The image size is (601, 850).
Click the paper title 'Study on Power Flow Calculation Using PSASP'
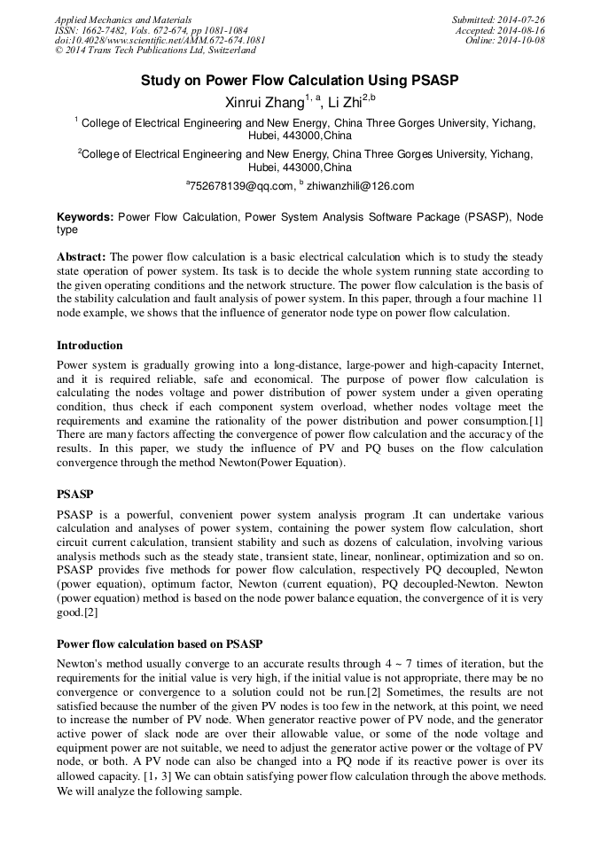click(x=300, y=80)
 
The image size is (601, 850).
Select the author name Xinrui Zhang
click(x=265, y=102)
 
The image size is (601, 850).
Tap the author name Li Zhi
click(x=347, y=102)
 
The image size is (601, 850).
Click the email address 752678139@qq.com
click(x=241, y=186)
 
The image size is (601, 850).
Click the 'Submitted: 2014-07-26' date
click(x=499, y=19)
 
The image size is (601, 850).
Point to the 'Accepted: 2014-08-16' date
click(x=502, y=30)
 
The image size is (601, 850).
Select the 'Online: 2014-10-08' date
click(x=505, y=41)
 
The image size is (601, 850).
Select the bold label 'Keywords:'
click(x=85, y=217)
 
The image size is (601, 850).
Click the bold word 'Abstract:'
click(x=82, y=257)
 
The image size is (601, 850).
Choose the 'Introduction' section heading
click(x=90, y=346)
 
